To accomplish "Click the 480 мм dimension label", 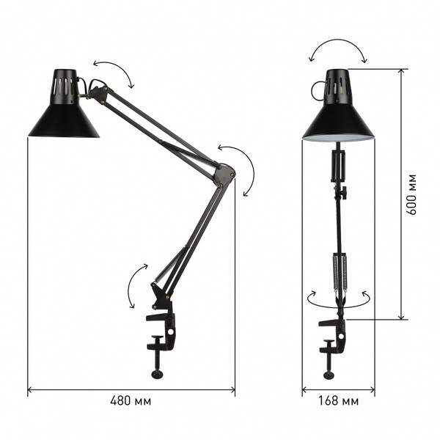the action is pos(131,400).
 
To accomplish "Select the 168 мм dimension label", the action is pos(338,400).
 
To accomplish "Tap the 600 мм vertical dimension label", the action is pos(411,194).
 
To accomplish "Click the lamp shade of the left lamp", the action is pos(64,121).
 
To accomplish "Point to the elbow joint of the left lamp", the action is pos(224,175).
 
